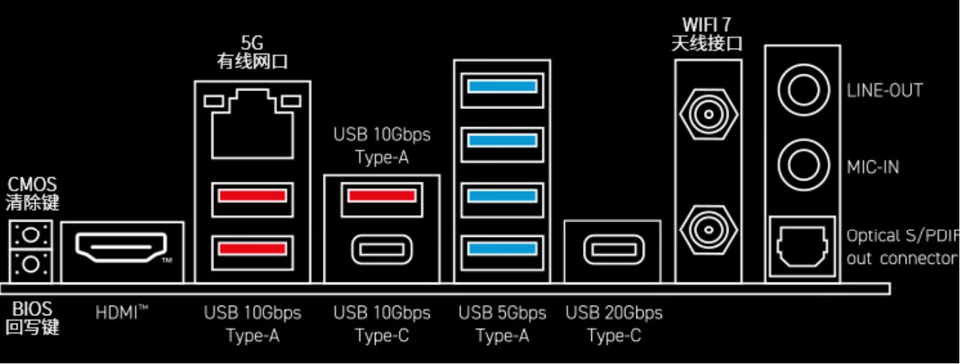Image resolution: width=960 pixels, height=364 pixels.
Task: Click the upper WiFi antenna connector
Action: pyautogui.click(x=707, y=112)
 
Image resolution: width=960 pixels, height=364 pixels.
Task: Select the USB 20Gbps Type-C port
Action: pyautogui.click(x=612, y=249)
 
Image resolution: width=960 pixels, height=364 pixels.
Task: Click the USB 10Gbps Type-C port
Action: pyautogui.click(x=382, y=249)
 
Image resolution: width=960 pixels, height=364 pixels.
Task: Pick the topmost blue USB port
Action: pyautogui.click(x=502, y=87)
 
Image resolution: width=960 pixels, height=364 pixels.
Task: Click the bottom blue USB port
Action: pyautogui.click(x=502, y=248)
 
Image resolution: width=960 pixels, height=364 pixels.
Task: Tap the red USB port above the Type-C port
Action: pyautogui.click(x=382, y=195)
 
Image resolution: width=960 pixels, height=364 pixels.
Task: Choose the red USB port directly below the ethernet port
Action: pyautogui.click(x=252, y=195)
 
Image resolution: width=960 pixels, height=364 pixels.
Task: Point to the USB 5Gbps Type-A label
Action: pyautogui.click(x=502, y=324)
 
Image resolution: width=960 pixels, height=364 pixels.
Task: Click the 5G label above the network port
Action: pyautogui.click(x=251, y=44)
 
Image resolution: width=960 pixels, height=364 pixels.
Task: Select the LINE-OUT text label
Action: pyautogui.click(x=884, y=90)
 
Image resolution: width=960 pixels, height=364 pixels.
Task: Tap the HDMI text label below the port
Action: pyautogui.click(x=122, y=313)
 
